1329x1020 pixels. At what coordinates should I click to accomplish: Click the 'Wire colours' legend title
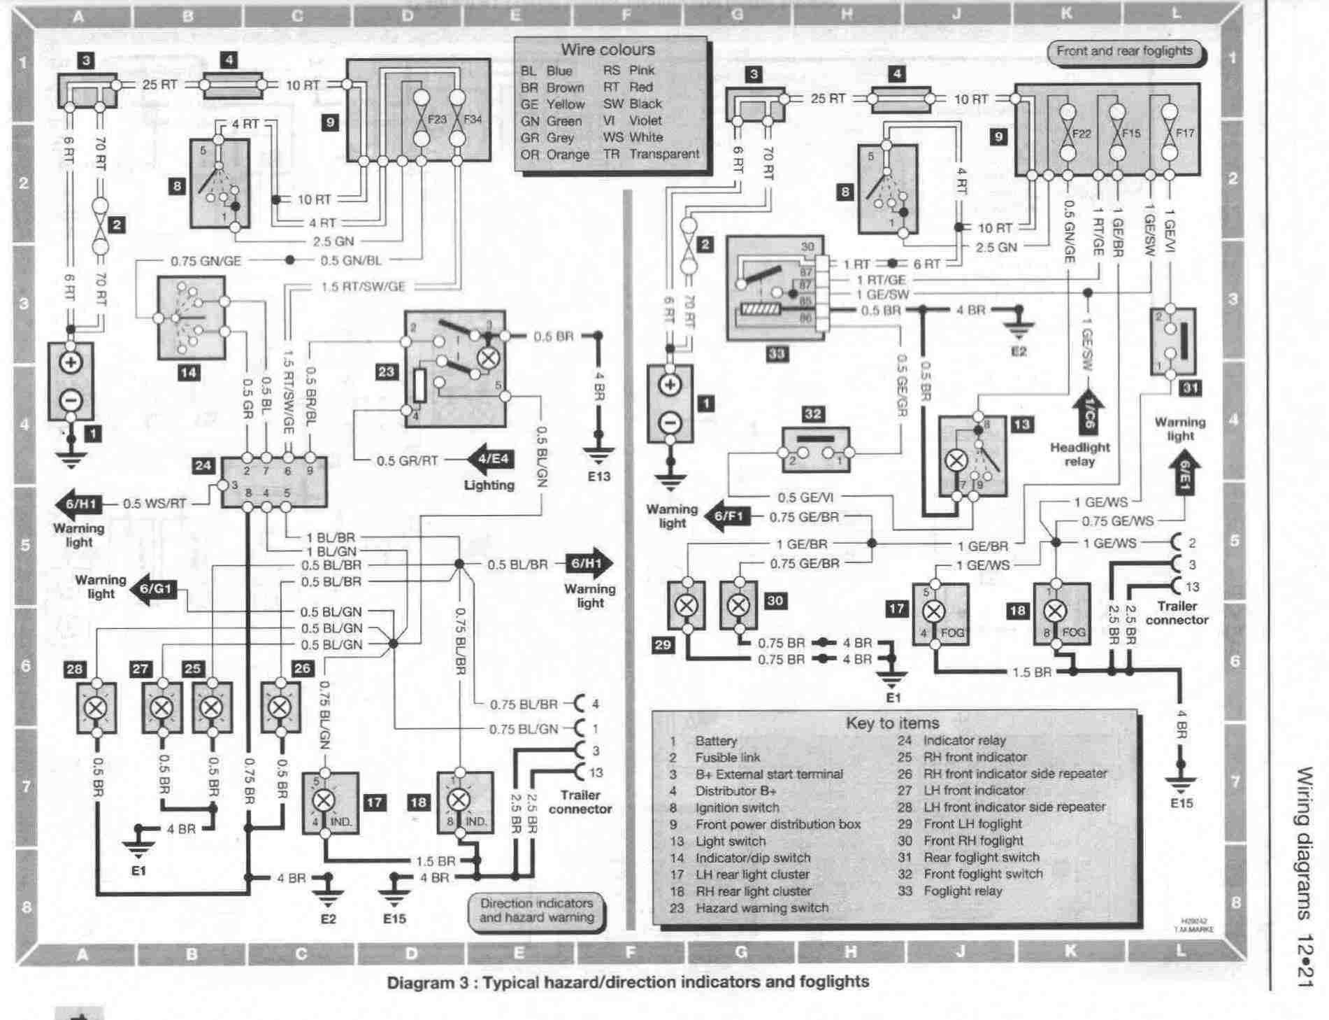[608, 50]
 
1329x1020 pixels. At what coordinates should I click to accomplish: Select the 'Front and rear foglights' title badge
[1123, 51]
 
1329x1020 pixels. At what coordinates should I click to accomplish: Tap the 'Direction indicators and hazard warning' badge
[536, 910]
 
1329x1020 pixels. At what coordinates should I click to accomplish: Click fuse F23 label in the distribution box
[436, 119]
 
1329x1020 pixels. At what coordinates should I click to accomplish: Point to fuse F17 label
[1185, 133]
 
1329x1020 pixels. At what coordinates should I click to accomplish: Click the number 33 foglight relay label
[776, 354]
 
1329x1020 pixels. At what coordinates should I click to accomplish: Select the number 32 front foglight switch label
[812, 414]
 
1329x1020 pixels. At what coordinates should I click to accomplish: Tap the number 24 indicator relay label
[203, 465]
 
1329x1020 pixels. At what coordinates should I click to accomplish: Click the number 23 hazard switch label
[386, 371]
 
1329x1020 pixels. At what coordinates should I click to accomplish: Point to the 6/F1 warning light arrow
[728, 517]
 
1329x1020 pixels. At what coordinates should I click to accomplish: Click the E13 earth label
[598, 476]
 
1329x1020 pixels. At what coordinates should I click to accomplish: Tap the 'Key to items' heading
[892, 723]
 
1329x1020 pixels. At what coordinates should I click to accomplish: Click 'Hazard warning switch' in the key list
[761, 907]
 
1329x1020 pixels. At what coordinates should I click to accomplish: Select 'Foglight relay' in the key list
[963, 891]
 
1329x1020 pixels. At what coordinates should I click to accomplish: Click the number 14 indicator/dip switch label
[188, 372]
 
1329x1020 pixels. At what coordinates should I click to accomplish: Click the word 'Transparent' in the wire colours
[663, 154]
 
